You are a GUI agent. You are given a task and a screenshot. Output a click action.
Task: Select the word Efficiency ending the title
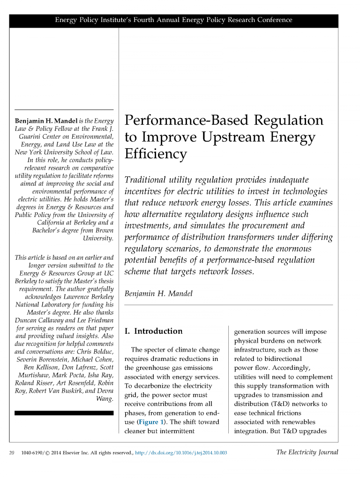(155, 154)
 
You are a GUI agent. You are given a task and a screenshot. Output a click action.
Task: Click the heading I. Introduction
(153, 331)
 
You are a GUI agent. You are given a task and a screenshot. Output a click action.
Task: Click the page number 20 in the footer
(13, 453)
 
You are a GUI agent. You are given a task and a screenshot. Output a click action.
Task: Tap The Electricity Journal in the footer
(307, 452)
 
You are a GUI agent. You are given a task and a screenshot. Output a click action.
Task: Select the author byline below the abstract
(158, 294)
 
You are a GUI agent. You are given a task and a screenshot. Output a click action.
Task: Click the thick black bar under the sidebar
(64, 413)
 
